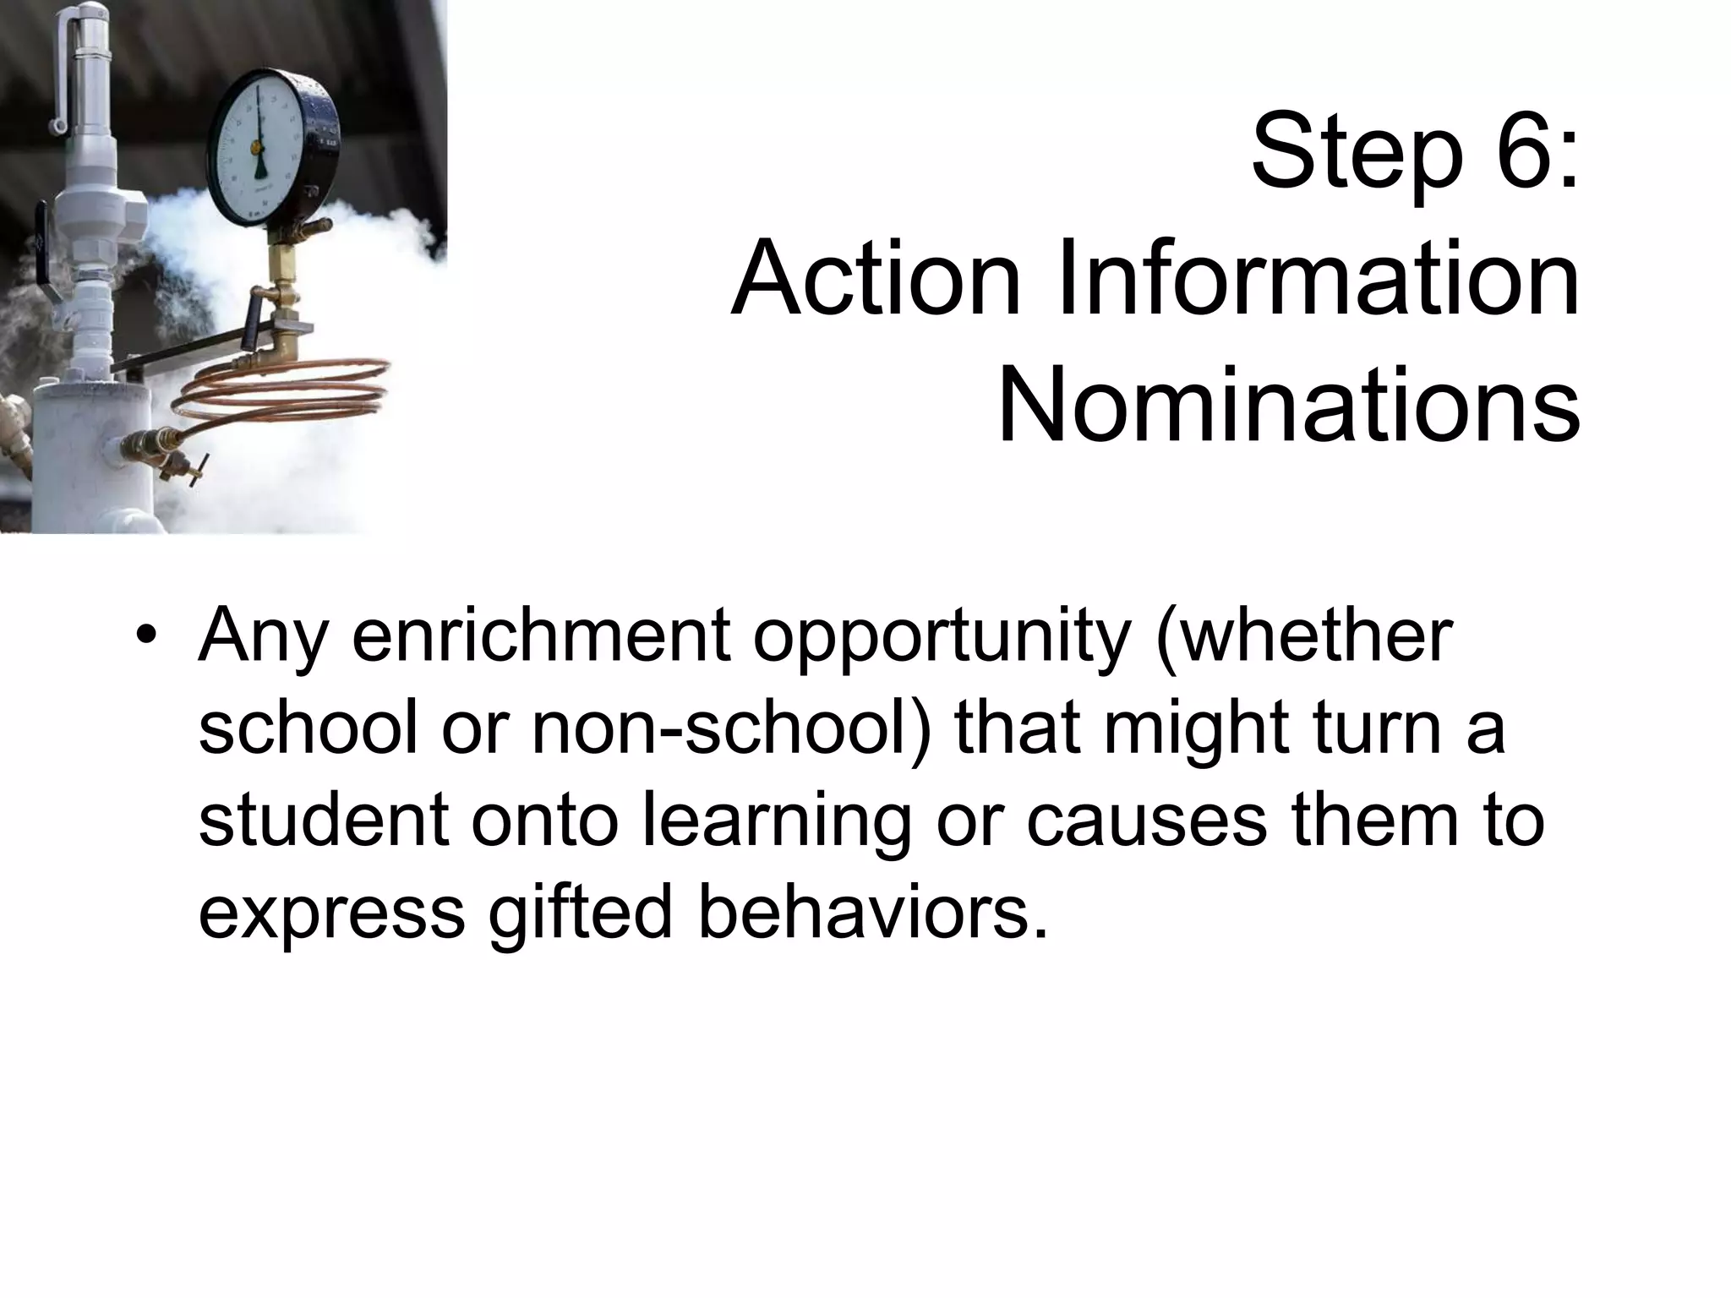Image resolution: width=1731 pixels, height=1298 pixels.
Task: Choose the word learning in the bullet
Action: (x=778, y=824)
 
